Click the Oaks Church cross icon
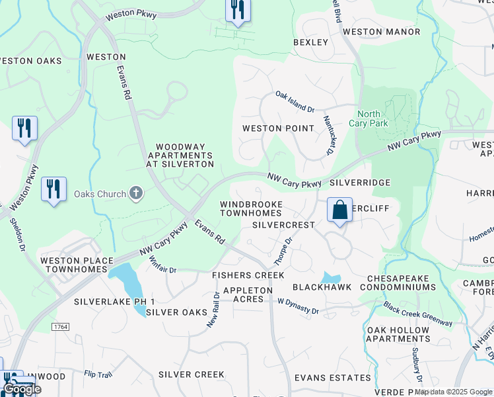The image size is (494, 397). [136, 194]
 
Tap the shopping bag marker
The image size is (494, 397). [339, 210]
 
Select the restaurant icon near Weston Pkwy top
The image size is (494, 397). [238, 10]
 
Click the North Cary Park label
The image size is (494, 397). [372, 118]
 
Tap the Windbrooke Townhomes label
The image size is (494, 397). [251, 209]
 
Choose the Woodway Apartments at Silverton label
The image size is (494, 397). [184, 155]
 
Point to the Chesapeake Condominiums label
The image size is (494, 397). [402, 283]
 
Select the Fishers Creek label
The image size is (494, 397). [248, 275]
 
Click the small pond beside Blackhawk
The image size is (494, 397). [330, 278]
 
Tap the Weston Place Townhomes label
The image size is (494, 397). [77, 266]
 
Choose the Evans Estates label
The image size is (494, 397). [332, 377]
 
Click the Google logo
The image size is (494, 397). [22, 389]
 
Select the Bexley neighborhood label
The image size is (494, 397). [310, 42]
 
